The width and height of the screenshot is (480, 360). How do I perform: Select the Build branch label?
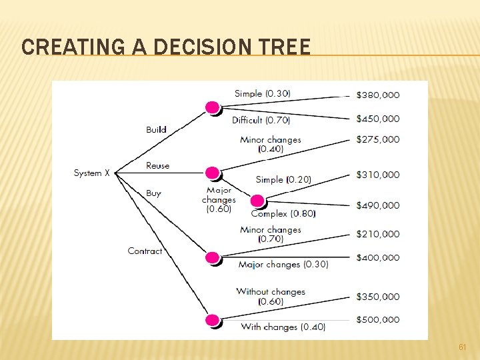[156, 129]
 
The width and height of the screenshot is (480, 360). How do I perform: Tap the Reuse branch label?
[157, 165]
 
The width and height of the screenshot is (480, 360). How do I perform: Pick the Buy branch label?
[153, 193]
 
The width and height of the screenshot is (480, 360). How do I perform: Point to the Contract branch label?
[145, 251]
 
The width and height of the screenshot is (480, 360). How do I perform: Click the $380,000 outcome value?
[378, 95]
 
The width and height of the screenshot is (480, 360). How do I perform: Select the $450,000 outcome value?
[378, 119]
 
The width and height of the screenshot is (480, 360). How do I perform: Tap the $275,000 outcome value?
[378, 139]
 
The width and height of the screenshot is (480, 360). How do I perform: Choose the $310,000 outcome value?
[378, 175]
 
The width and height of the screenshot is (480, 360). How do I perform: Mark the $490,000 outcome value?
[378, 205]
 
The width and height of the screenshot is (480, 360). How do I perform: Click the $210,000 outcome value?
[378, 234]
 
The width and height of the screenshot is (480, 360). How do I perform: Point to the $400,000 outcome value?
[378, 257]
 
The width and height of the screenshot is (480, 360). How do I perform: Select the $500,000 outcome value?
[378, 319]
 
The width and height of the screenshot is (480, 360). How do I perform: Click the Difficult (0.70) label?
[261, 120]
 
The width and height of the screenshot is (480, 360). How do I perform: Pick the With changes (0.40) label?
[283, 327]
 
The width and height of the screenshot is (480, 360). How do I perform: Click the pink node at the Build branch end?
[212, 107]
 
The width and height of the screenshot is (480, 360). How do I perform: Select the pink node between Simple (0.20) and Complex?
[257, 200]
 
